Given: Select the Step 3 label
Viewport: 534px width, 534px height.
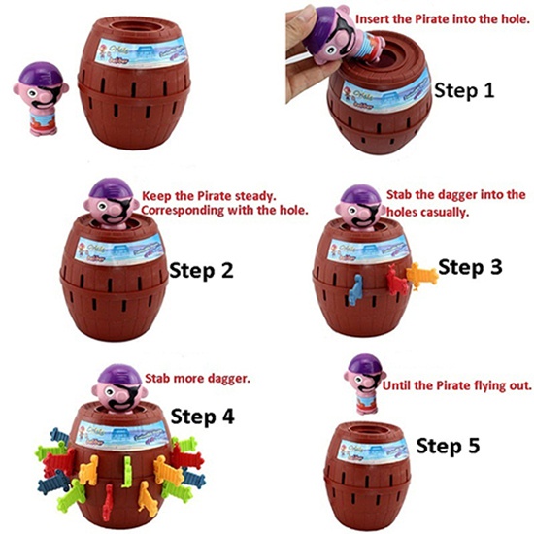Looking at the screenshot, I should [x=471, y=265].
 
